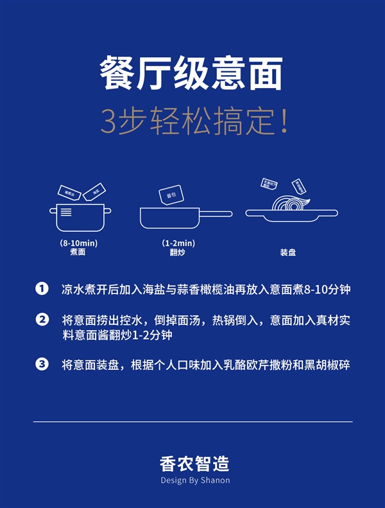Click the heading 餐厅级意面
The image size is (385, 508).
pyautogui.click(x=191, y=74)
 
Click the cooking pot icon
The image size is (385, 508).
pyautogui.click(x=80, y=217)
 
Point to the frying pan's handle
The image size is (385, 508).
pyautogui.click(x=216, y=213)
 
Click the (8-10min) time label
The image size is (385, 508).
pyautogui.click(x=78, y=243)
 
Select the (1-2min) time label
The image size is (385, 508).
pyautogui.click(x=178, y=243)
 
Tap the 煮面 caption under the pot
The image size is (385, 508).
pyautogui.click(x=78, y=252)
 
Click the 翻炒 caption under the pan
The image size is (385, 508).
pyautogui.click(x=178, y=252)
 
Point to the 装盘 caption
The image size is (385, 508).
pyautogui.click(x=287, y=252)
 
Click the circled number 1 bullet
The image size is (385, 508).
pyautogui.click(x=42, y=289)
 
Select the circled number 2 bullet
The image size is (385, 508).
pyautogui.click(x=42, y=320)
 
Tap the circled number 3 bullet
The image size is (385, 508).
pyautogui.click(x=42, y=365)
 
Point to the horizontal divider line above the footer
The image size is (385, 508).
pyautogui.click(x=193, y=422)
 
